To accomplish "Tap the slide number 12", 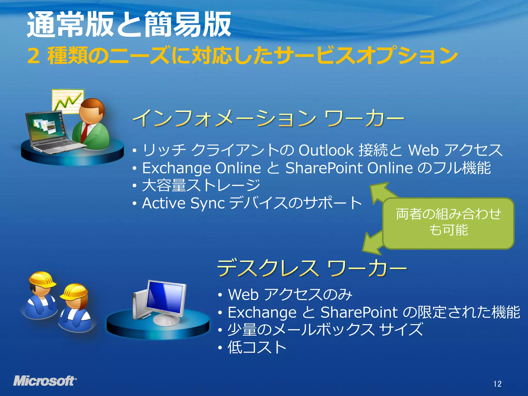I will pyautogui.click(x=497, y=384).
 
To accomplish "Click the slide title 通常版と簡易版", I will pyautogui.click(x=129, y=24).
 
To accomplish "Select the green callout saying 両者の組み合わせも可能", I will pyautogui.click(x=448, y=223).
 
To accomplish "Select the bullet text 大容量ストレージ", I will pyautogui.click(x=201, y=185).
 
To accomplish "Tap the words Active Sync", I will pyautogui.click(x=183, y=203).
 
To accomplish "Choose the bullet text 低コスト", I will pyautogui.click(x=257, y=347).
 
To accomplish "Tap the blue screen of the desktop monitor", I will pyautogui.click(x=165, y=296).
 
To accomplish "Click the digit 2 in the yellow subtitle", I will pyautogui.click(x=34, y=56).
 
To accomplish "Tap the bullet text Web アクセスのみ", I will pyautogui.click(x=290, y=294).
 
